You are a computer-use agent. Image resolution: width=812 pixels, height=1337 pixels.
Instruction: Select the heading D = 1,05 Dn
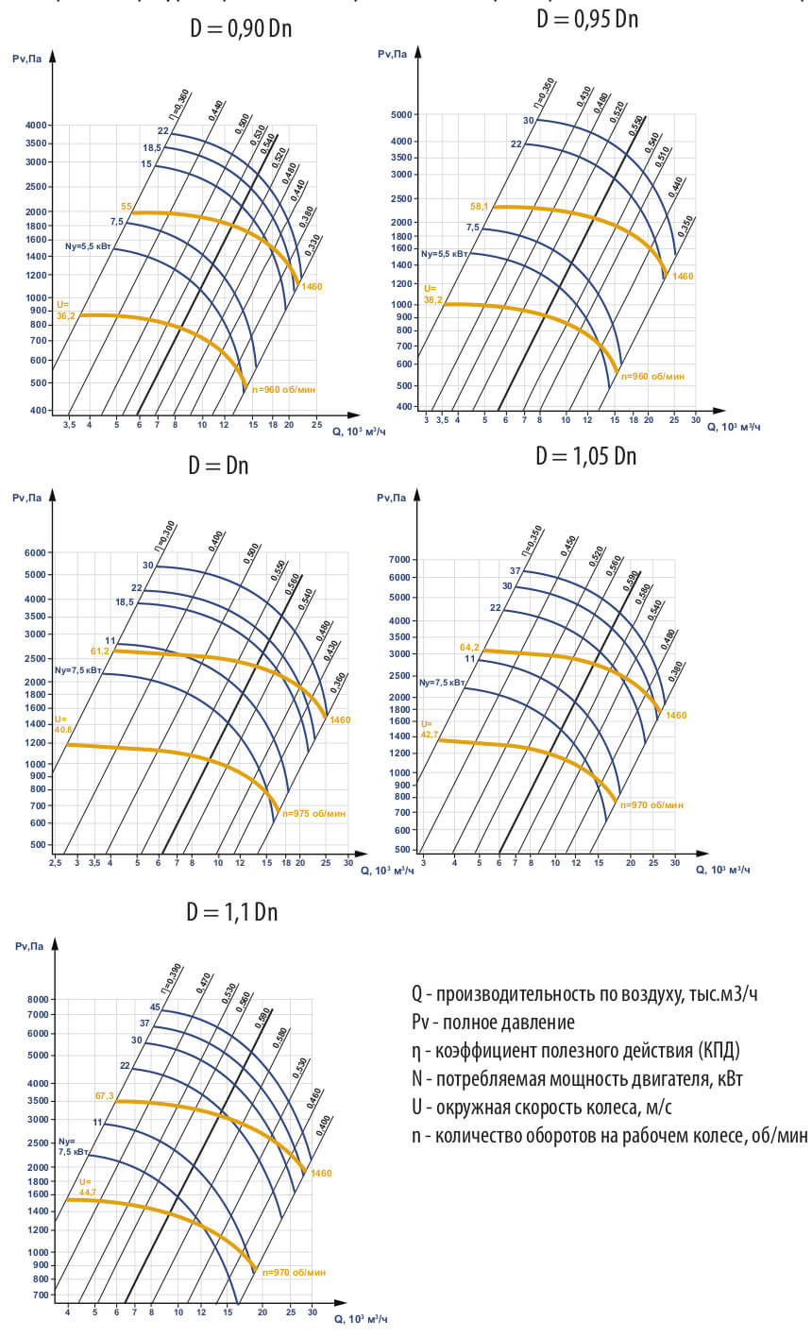(x=585, y=456)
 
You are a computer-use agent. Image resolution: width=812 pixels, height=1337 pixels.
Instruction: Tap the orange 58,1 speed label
(x=480, y=206)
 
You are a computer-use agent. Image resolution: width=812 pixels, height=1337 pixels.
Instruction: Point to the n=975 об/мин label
(x=315, y=813)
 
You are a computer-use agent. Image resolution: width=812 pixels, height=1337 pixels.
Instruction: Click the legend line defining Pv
(x=493, y=1022)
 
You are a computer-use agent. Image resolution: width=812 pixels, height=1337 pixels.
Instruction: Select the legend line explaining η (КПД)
(x=575, y=1050)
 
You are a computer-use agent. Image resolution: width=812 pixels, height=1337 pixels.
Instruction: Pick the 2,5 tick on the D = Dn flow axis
(x=56, y=862)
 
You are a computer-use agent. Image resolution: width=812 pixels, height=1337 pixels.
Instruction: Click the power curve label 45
(x=155, y=1006)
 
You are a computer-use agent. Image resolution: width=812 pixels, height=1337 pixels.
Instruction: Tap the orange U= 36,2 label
(x=66, y=311)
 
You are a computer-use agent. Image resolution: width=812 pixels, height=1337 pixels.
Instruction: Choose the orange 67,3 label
(x=104, y=1095)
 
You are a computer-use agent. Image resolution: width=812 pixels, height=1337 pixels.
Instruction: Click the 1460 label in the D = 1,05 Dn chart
(x=676, y=715)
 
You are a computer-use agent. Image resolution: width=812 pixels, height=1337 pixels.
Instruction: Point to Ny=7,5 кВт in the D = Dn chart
(x=76, y=670)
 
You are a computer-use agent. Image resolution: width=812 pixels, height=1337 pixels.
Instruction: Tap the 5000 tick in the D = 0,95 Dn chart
(x=402, y=114)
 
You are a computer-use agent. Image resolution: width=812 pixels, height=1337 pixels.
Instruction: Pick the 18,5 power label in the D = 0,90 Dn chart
(x=152, y=147)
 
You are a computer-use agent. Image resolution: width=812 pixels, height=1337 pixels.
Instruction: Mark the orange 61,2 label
(x=101, y=651)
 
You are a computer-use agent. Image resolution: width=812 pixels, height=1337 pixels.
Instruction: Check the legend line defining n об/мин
(x=609, y=1135)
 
